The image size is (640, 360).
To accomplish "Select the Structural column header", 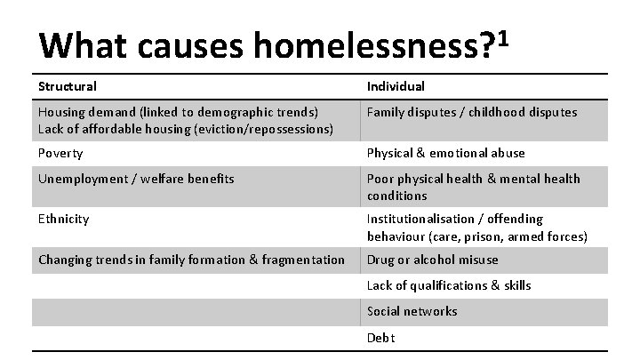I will [68, 86].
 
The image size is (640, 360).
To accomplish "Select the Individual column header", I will [396, 86].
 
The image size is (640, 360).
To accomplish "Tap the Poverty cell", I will [60, 153].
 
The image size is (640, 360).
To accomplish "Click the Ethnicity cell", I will [63, 219].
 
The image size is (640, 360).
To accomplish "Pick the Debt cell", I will [380, 338].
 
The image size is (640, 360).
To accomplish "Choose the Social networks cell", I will [412, 311].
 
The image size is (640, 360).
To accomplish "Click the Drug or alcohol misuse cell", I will [432, 260].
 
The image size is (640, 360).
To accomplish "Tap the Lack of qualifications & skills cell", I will [449, 285].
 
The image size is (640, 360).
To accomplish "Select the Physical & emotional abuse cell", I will [445, 153].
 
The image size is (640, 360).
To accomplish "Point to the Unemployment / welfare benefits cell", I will [136, 179].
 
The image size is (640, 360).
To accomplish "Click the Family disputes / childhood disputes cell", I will [472, 112].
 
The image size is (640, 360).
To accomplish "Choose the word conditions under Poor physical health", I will [396, 196].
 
